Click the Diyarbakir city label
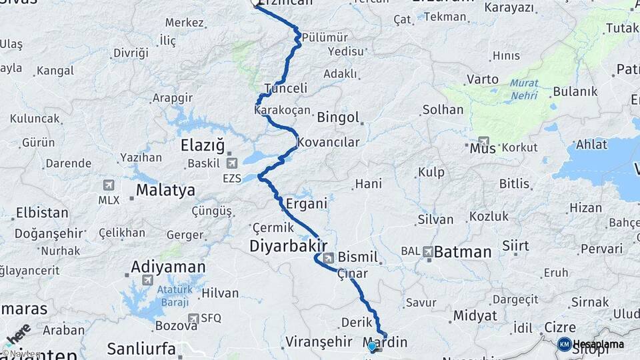pos(288,245)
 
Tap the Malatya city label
pos(165,191)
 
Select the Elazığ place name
pos(203,145)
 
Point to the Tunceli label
pos(285,88)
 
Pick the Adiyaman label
pos(168,267)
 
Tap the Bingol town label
pos(338,117)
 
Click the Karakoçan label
pos(282,109)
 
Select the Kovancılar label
pos(328,142)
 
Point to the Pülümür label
pos(325,37)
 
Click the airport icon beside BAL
pos(427,252)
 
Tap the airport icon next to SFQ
pos(193,319)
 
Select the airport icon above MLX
pos(109,185)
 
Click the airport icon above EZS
pos(231,162)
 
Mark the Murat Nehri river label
pos(524,89)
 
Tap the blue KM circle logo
pos(564,344)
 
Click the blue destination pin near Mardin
pos(372,345)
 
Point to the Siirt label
pos(515,245)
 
